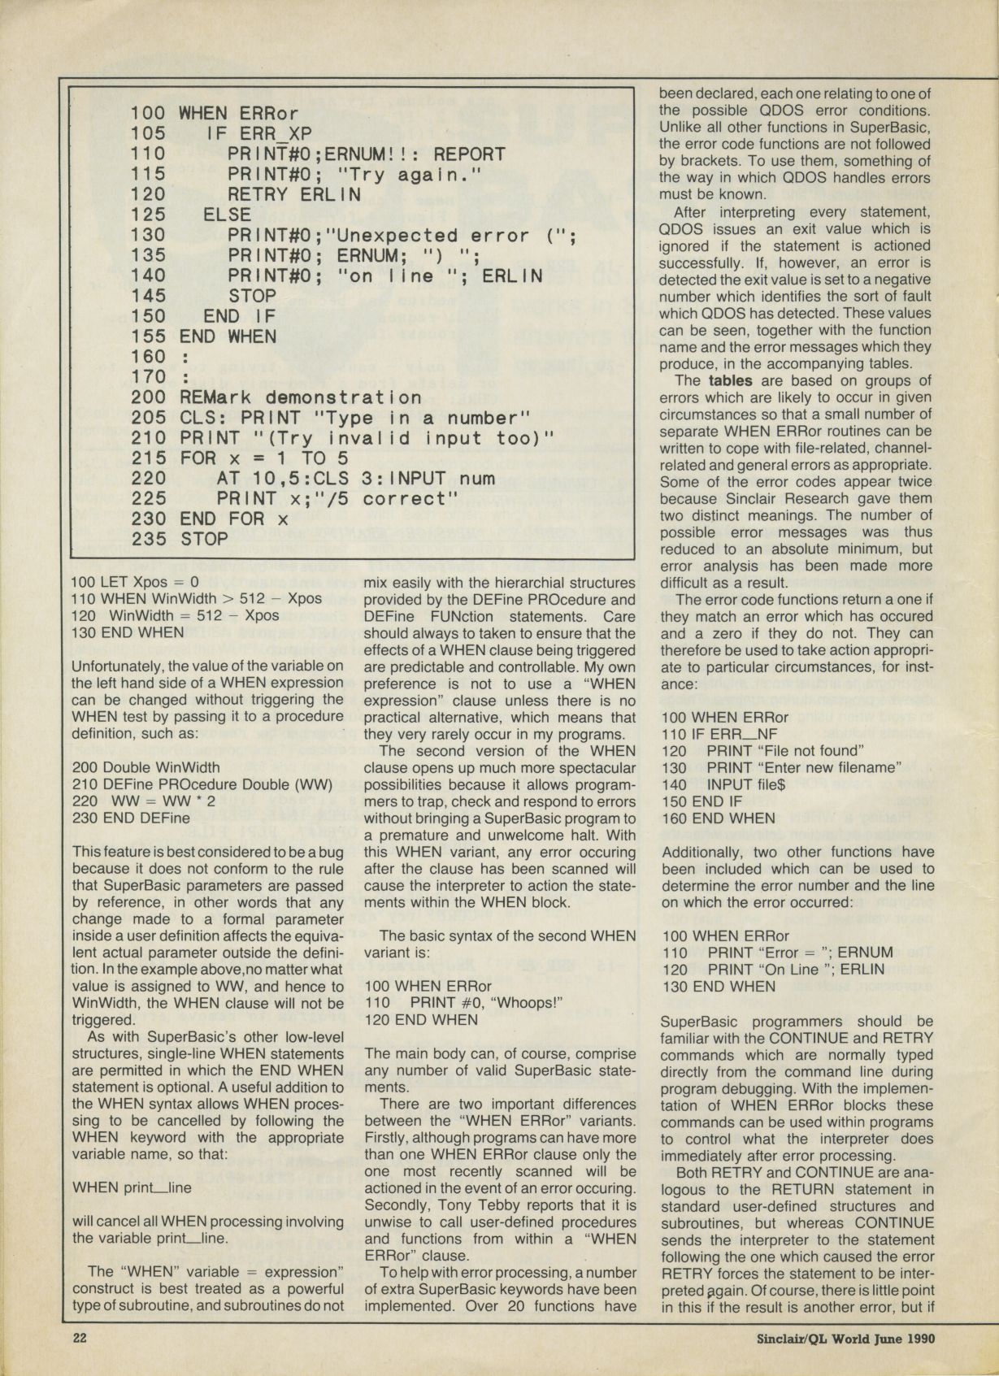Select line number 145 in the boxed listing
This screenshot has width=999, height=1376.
[x=147, y=296]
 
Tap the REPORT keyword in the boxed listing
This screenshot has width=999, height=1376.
[x=469, y=154]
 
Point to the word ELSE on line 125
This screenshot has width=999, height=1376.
[x=227, y=215]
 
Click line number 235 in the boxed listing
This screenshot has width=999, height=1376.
[x=147, y=539]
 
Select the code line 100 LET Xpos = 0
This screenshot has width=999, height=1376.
[x=135, y=582]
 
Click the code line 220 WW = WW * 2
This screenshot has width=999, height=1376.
[x=143, y=801]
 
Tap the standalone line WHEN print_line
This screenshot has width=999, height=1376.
[x=132, y=1187]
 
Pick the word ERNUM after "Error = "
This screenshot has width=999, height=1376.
[x=865, y=953]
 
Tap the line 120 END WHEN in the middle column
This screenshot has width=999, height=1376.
[x=421, y=1020]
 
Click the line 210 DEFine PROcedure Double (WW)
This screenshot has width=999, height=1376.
[x=202, y=784]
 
